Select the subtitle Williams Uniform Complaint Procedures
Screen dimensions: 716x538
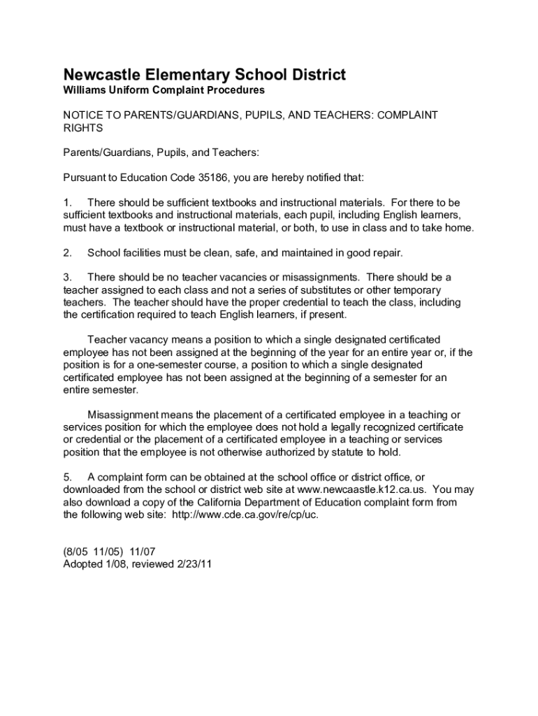point(164,90)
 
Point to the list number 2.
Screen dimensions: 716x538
point(67,252)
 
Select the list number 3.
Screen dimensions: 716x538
point(67,278)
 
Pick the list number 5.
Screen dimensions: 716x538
point(67,478)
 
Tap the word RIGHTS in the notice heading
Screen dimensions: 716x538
point(83,128)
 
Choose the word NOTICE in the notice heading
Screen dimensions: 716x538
point(82,115)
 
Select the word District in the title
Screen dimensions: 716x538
point(315,75)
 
